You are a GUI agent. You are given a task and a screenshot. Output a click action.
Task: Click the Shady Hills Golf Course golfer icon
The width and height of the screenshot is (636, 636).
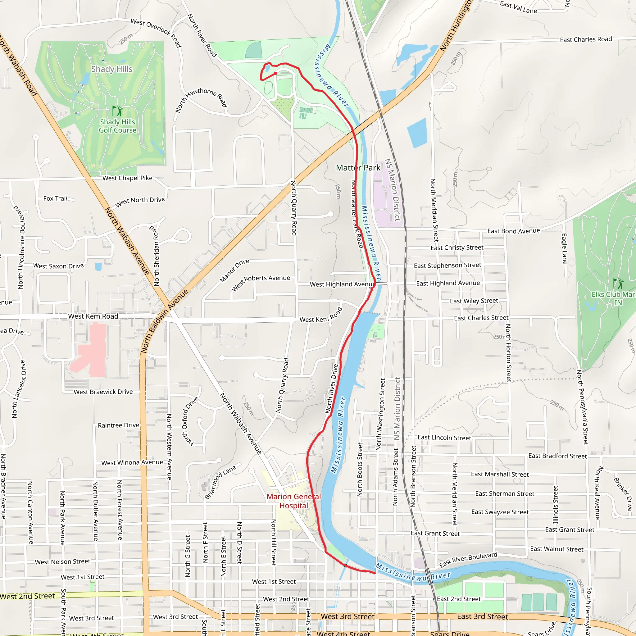(x=117, y=111)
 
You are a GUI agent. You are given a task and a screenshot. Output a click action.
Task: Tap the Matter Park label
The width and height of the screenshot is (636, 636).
(x=358, y=168)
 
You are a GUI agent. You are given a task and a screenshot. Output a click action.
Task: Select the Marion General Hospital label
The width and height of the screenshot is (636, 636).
(x=294, y=501)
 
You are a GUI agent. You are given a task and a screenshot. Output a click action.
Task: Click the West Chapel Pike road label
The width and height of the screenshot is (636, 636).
(x=127, y=178)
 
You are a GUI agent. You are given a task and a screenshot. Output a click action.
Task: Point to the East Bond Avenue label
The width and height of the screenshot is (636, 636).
(x=514, y=231)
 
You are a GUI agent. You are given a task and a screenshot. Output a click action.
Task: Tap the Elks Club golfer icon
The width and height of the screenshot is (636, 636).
(x=618, y=284)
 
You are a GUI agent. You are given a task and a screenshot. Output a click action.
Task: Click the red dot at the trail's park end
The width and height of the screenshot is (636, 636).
(x=275, y=73)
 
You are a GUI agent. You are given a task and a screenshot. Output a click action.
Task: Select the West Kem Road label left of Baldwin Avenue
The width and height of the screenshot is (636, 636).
(x=93, y=316)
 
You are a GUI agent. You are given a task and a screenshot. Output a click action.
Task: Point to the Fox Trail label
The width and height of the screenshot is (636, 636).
(x=55, y=198)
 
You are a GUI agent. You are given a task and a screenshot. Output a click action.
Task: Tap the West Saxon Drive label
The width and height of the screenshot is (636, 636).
(x=59, y=266)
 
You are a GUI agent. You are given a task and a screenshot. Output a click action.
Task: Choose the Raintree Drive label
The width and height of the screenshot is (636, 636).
(x=119, y=425)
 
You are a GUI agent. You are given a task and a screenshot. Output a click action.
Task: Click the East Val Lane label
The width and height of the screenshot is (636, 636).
(x=518, y=7)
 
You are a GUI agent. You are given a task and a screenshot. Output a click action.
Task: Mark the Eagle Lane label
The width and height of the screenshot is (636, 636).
(x=564, y=249)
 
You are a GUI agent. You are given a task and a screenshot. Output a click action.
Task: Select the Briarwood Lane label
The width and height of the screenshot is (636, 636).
(x=220, y=482)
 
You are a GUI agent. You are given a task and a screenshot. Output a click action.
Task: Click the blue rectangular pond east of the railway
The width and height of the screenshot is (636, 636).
(x=417, y=133)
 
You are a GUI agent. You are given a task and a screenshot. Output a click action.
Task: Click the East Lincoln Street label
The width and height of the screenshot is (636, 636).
(x=444, y=438)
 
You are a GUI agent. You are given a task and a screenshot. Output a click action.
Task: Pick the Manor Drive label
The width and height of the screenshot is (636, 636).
(x=234, y=270)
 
